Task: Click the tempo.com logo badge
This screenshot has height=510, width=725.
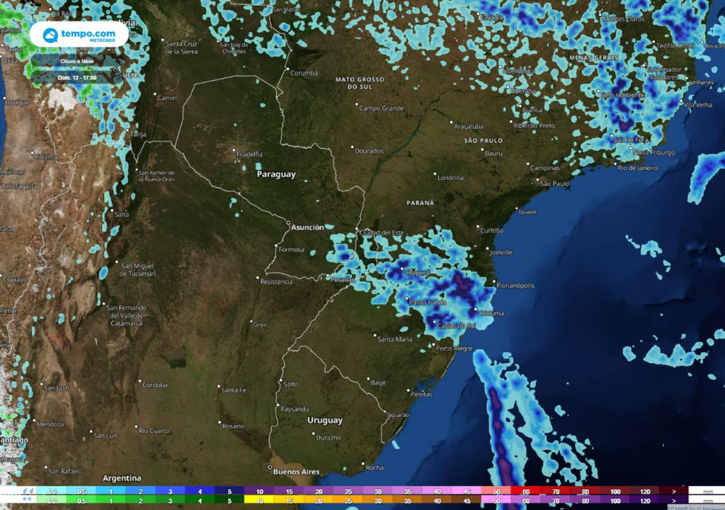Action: (x=79, y=35)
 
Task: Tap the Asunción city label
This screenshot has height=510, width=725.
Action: (x=307, y=227)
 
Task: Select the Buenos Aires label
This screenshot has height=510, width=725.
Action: (x=295, y=472)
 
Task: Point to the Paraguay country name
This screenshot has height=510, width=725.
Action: (x=276, y=174)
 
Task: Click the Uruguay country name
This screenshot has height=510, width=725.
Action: (x=325, y=420)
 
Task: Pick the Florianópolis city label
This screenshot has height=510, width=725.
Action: (x=515, y=285)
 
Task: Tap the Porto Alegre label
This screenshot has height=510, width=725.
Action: (x=455, y=348)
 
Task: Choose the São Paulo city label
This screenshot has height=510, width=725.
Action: (x=555, y=184)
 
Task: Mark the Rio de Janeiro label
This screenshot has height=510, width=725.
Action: (x=637, y=168)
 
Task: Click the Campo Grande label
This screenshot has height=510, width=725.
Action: (x=381, y=108)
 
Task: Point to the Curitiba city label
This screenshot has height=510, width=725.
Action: (x=491, y=231)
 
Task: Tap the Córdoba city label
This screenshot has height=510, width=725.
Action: (x=154, y=385)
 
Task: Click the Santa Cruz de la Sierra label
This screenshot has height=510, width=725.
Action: (x=182, y=47)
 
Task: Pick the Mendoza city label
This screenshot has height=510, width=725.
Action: (x=50, y=424)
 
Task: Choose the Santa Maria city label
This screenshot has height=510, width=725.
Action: (x=394, y=339)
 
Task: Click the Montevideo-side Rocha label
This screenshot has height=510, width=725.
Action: (x=374, y=467)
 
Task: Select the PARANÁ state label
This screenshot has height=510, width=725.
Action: (x=421, y=203)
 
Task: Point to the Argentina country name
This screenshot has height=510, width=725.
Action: (x=122, y=478)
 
